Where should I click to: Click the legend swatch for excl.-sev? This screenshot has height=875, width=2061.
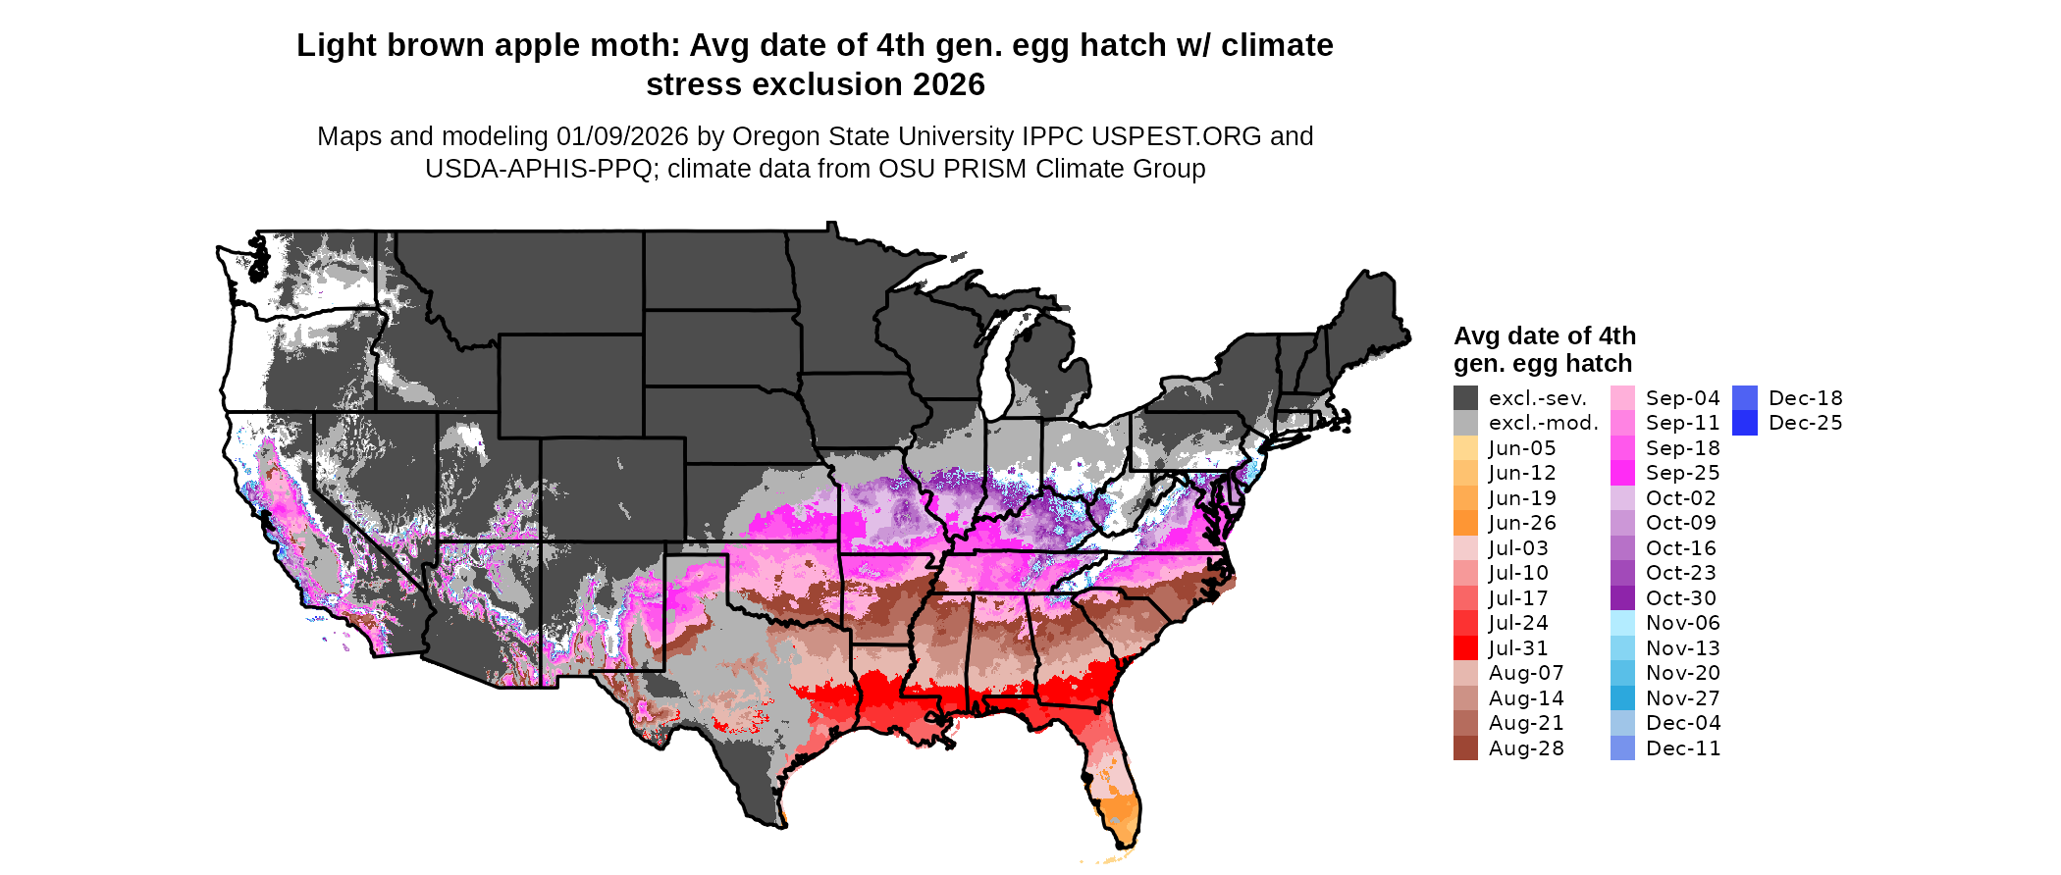[1465, 398]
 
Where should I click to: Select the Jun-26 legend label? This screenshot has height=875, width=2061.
[1522, 524]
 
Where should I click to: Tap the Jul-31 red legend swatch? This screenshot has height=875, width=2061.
[1465, 648]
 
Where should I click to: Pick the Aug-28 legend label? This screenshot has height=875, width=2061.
[1526, 748]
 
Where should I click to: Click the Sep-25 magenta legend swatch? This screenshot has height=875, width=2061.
[1622, 473]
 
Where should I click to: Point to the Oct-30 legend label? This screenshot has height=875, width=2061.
[1681, 598]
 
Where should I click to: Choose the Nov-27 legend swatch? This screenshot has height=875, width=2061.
[1622, 698]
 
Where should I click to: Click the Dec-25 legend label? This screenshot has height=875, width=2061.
[1806, 424]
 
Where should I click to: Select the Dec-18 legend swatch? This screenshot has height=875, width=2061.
[1745, 398]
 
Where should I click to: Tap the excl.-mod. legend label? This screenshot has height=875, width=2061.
[1544, 424]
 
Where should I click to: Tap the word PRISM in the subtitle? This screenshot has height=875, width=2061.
[981, 170]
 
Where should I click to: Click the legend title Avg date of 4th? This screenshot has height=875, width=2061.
[1545, 336]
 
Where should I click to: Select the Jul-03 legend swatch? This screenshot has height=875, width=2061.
[1465, 548]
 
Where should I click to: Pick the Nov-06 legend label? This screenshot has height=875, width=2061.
[1683, 623]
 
